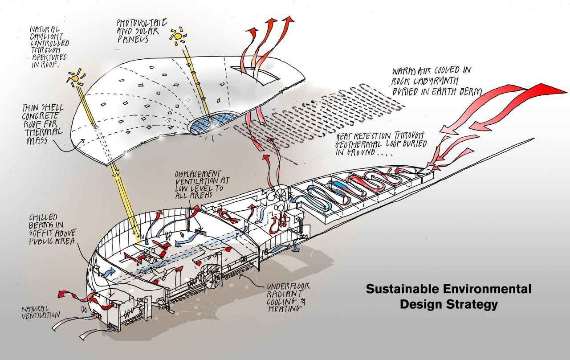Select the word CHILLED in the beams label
coord(43,217)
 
